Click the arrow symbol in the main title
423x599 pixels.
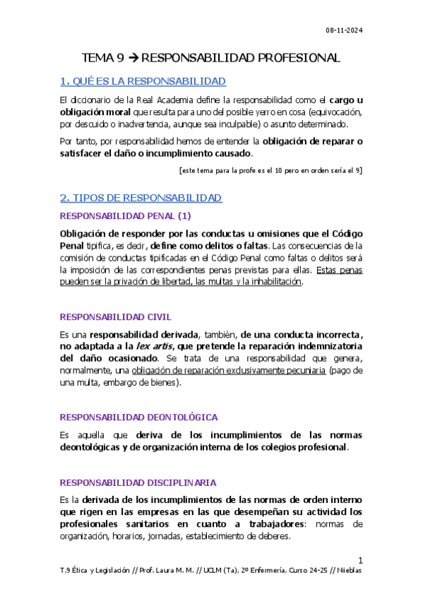click(x=139, y=58)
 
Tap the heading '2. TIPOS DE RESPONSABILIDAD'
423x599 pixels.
click(x=141, y=198)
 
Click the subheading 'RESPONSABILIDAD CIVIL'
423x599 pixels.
click(x=115, y=317)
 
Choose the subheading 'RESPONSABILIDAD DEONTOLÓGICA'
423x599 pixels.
click(x=138, y=417)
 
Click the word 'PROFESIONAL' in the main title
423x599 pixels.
click(x=291, y=58)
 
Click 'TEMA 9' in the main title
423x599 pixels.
click(x=104, y=58)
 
